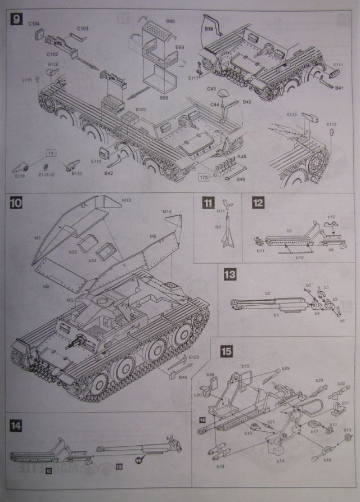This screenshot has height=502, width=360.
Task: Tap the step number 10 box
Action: (x=16, y=203)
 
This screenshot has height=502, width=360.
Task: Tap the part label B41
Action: (x=339, y=88)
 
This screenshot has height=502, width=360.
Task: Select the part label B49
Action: (x=241, y=179)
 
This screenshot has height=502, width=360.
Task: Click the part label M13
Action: (x=127, y=200)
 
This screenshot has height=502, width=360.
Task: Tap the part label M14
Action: (x=167, y=212)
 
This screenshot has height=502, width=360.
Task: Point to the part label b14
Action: (x=280, y=460)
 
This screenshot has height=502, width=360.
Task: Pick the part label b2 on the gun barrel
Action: (x=268, y=293)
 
